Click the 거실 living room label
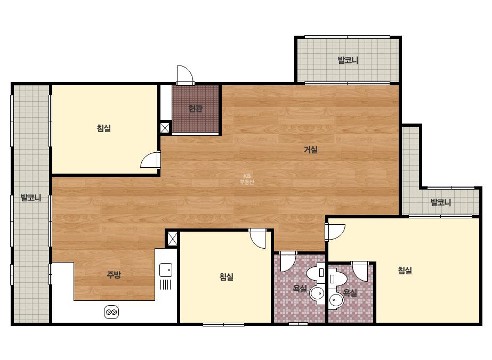(x=311, y=150)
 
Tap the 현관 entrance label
(x=195, y=109)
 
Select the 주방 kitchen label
(x=114, y=275)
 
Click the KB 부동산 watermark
(x=247, y=179)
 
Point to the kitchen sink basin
(x=166, y=270)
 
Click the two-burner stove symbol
(x=111, y=312)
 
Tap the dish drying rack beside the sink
(x=165, y=284)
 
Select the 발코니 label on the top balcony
(x=348, y=60)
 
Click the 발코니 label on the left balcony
(x=31, y=198)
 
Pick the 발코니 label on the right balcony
(x=440, y=202)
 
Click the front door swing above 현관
(x=185, y=75)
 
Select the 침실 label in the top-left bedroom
(x=104, y=128)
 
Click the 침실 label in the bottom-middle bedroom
(x=226, y=276)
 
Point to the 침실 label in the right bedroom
(x=405, y=270)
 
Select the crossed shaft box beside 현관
(x=165, y=128)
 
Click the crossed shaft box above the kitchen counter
(x=172, y=239)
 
